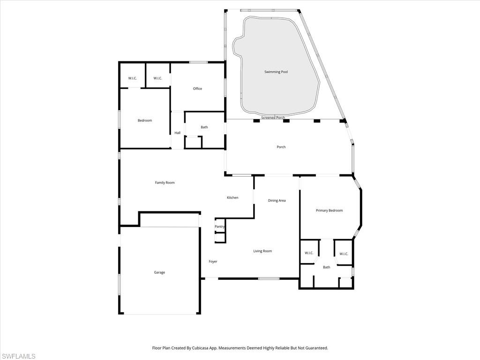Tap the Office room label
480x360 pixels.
(x=197, y=89)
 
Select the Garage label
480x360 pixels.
(x=159, y=272)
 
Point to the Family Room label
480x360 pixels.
(x=165, y=182)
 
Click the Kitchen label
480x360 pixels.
(x=232, y=197)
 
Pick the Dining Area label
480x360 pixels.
(x=277, y=201)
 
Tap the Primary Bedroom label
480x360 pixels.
(x=329, y=210)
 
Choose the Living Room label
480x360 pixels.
(x=262, y=251)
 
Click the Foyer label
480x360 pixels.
(x=213, y=262)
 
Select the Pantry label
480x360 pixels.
(x=219, y=226)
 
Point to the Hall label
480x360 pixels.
(x=177, y=133)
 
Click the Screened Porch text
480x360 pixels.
(x=273, y=118)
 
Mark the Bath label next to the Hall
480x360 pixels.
(x=204, y=127)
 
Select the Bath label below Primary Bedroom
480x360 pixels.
(x=326, y=267)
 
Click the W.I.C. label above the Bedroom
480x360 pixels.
(x=133, y=78)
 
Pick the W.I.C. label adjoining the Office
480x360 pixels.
(x=157, y=78)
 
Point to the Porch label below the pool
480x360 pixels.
(x=281, y=147)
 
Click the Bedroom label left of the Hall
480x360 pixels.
(x=144, y=120)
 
